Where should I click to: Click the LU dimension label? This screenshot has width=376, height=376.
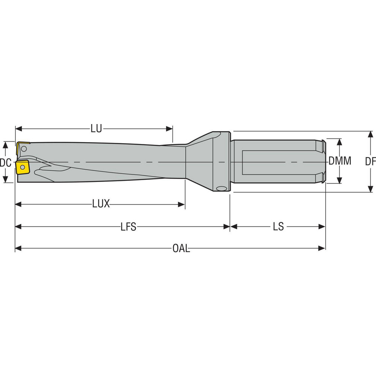point(96,129)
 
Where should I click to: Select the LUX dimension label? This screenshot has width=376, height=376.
point(101,204)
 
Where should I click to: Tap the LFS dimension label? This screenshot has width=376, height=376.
point(128,227)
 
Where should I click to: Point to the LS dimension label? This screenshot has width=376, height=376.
point(278,227)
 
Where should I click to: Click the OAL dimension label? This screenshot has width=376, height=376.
point(181,249)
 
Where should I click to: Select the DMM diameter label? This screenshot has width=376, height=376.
point(340,161)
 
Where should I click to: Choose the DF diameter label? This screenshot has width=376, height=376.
point(370,162)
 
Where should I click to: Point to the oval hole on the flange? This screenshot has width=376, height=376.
point(221,188)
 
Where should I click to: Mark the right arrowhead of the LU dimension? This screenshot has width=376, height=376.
point(170,129)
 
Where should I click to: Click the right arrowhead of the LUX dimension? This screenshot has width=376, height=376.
point(182,205)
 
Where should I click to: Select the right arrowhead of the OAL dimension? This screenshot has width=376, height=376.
point(322,249)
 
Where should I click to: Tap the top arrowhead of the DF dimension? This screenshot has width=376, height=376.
point(370,134)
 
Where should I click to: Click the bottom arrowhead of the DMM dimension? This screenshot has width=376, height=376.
point(340,180)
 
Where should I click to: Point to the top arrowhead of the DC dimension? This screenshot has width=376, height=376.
point(5,144)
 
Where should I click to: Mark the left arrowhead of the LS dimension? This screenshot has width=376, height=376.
point(233,227)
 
